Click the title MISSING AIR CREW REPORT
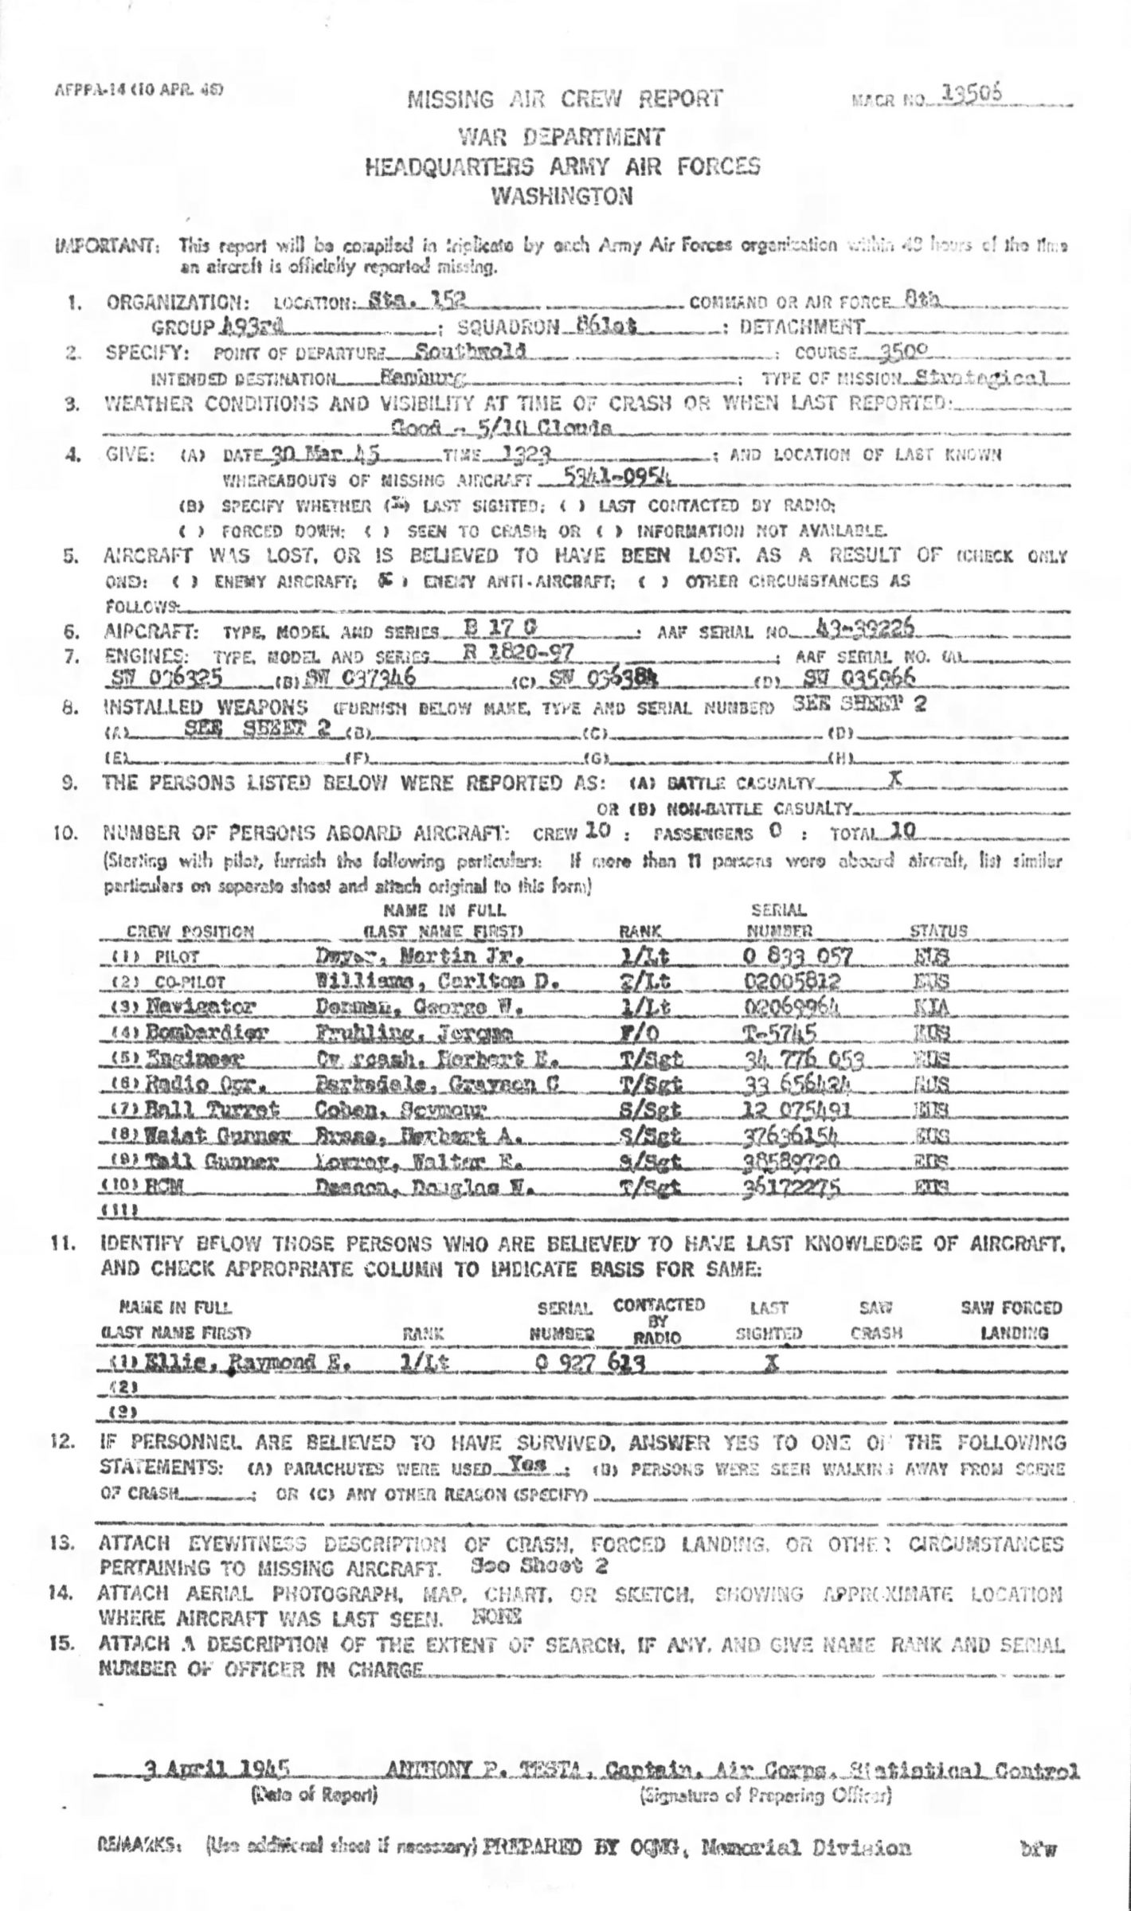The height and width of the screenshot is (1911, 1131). [565, 100]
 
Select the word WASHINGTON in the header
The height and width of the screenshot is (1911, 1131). [562, 196]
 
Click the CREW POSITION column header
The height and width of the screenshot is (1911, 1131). [190, 932]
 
